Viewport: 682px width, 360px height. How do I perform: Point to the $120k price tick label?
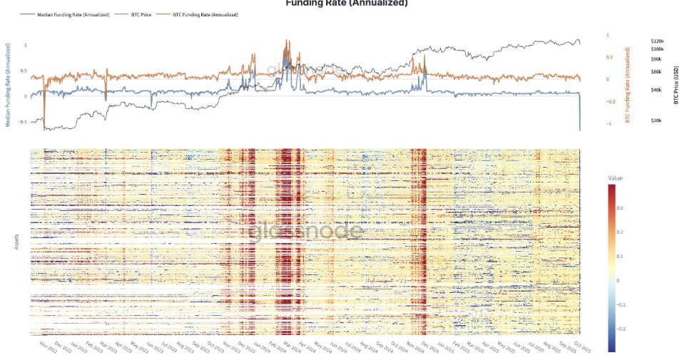tap(657, 41)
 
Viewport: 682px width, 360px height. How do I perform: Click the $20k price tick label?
tap(656, 121)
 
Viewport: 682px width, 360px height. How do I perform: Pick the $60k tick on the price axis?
tap(656, 72)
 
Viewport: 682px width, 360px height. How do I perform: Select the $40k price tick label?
tap(656, 90)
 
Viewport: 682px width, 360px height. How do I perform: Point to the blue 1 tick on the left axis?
tap(26, 46)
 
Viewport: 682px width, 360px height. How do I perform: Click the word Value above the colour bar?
tap(615, 178)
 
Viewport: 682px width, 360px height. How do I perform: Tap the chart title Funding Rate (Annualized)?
tap(347, 4)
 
